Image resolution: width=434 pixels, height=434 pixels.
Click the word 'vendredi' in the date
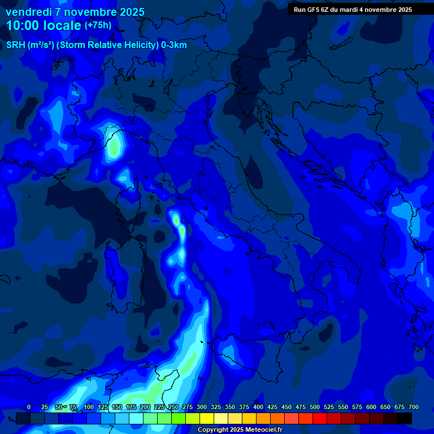(25, 12)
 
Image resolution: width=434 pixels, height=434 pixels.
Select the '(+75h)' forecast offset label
(98, 25)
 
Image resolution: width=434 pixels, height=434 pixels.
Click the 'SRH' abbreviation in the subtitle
(15, 45)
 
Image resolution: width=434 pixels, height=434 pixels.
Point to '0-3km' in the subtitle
(173, 45)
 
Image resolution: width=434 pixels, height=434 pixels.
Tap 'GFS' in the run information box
(313, 10)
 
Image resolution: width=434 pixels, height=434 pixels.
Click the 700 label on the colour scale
(414, 407)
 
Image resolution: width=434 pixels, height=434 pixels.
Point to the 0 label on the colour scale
(29, 407)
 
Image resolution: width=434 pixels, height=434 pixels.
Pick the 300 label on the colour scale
(202, 407)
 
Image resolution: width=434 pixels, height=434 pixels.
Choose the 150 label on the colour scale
(117, 407)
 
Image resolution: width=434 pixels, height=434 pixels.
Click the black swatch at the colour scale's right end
(405, 418)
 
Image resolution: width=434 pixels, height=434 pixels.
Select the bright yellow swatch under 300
(207, 418)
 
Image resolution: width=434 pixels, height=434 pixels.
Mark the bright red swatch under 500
(320, 418)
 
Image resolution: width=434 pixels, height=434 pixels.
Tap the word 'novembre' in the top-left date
(86, 12)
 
